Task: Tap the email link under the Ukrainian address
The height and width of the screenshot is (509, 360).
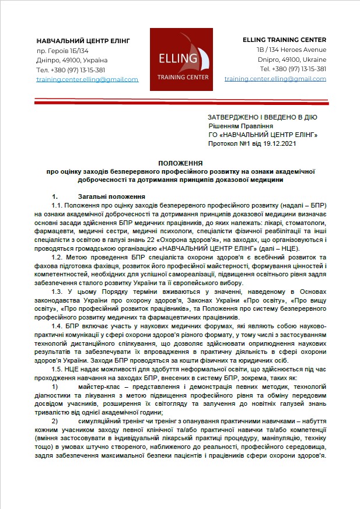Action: (x=87, y=79)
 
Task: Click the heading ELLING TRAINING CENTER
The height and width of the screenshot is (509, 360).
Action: (x=284, y=40)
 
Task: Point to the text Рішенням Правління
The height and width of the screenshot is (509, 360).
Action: (x=237, y=125)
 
